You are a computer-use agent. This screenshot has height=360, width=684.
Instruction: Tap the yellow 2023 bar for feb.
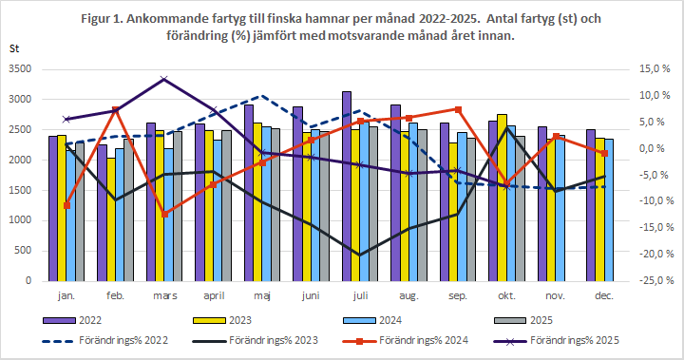point(112,219)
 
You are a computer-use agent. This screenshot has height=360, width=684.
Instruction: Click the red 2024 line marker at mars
point(164,214)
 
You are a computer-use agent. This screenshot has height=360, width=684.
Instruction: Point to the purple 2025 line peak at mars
point(164,79)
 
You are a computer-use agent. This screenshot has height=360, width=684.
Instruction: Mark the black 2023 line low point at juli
point(359,255)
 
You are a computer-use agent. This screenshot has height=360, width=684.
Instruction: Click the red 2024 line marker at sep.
point(459,109)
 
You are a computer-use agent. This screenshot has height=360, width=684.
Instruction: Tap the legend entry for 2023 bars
point(252,321)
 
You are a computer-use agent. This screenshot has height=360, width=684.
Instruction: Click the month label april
point(214,295)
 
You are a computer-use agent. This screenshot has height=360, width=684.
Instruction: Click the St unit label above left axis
point(13,47)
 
